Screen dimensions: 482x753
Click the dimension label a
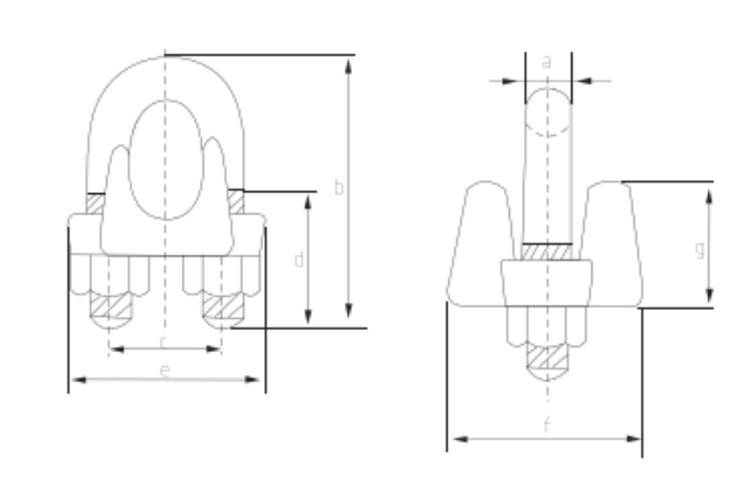pyautogui.click(x=547, y=62)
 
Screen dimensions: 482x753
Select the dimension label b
pyautogui.click(x=339, y=187)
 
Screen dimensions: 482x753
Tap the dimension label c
pyautogui.click(x=164, y=340)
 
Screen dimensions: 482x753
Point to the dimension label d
pyautogui.click(x=298, y=260)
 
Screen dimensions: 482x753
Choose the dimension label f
pyautogui.click(x=546, y=428)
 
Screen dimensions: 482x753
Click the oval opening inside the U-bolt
pyautogui.click(x=164, y=158)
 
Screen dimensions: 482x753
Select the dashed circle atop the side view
pyautogui.click(x=549, y=112)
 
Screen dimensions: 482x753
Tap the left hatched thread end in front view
pyautogui.click(x=110, y=306)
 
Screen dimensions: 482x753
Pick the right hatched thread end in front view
pyautogui.click(x=220, y=306)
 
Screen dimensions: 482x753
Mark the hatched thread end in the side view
pyautogui.click(x=548, y=356)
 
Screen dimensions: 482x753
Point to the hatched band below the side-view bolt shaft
pyautogui.click(x=548, y=252)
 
